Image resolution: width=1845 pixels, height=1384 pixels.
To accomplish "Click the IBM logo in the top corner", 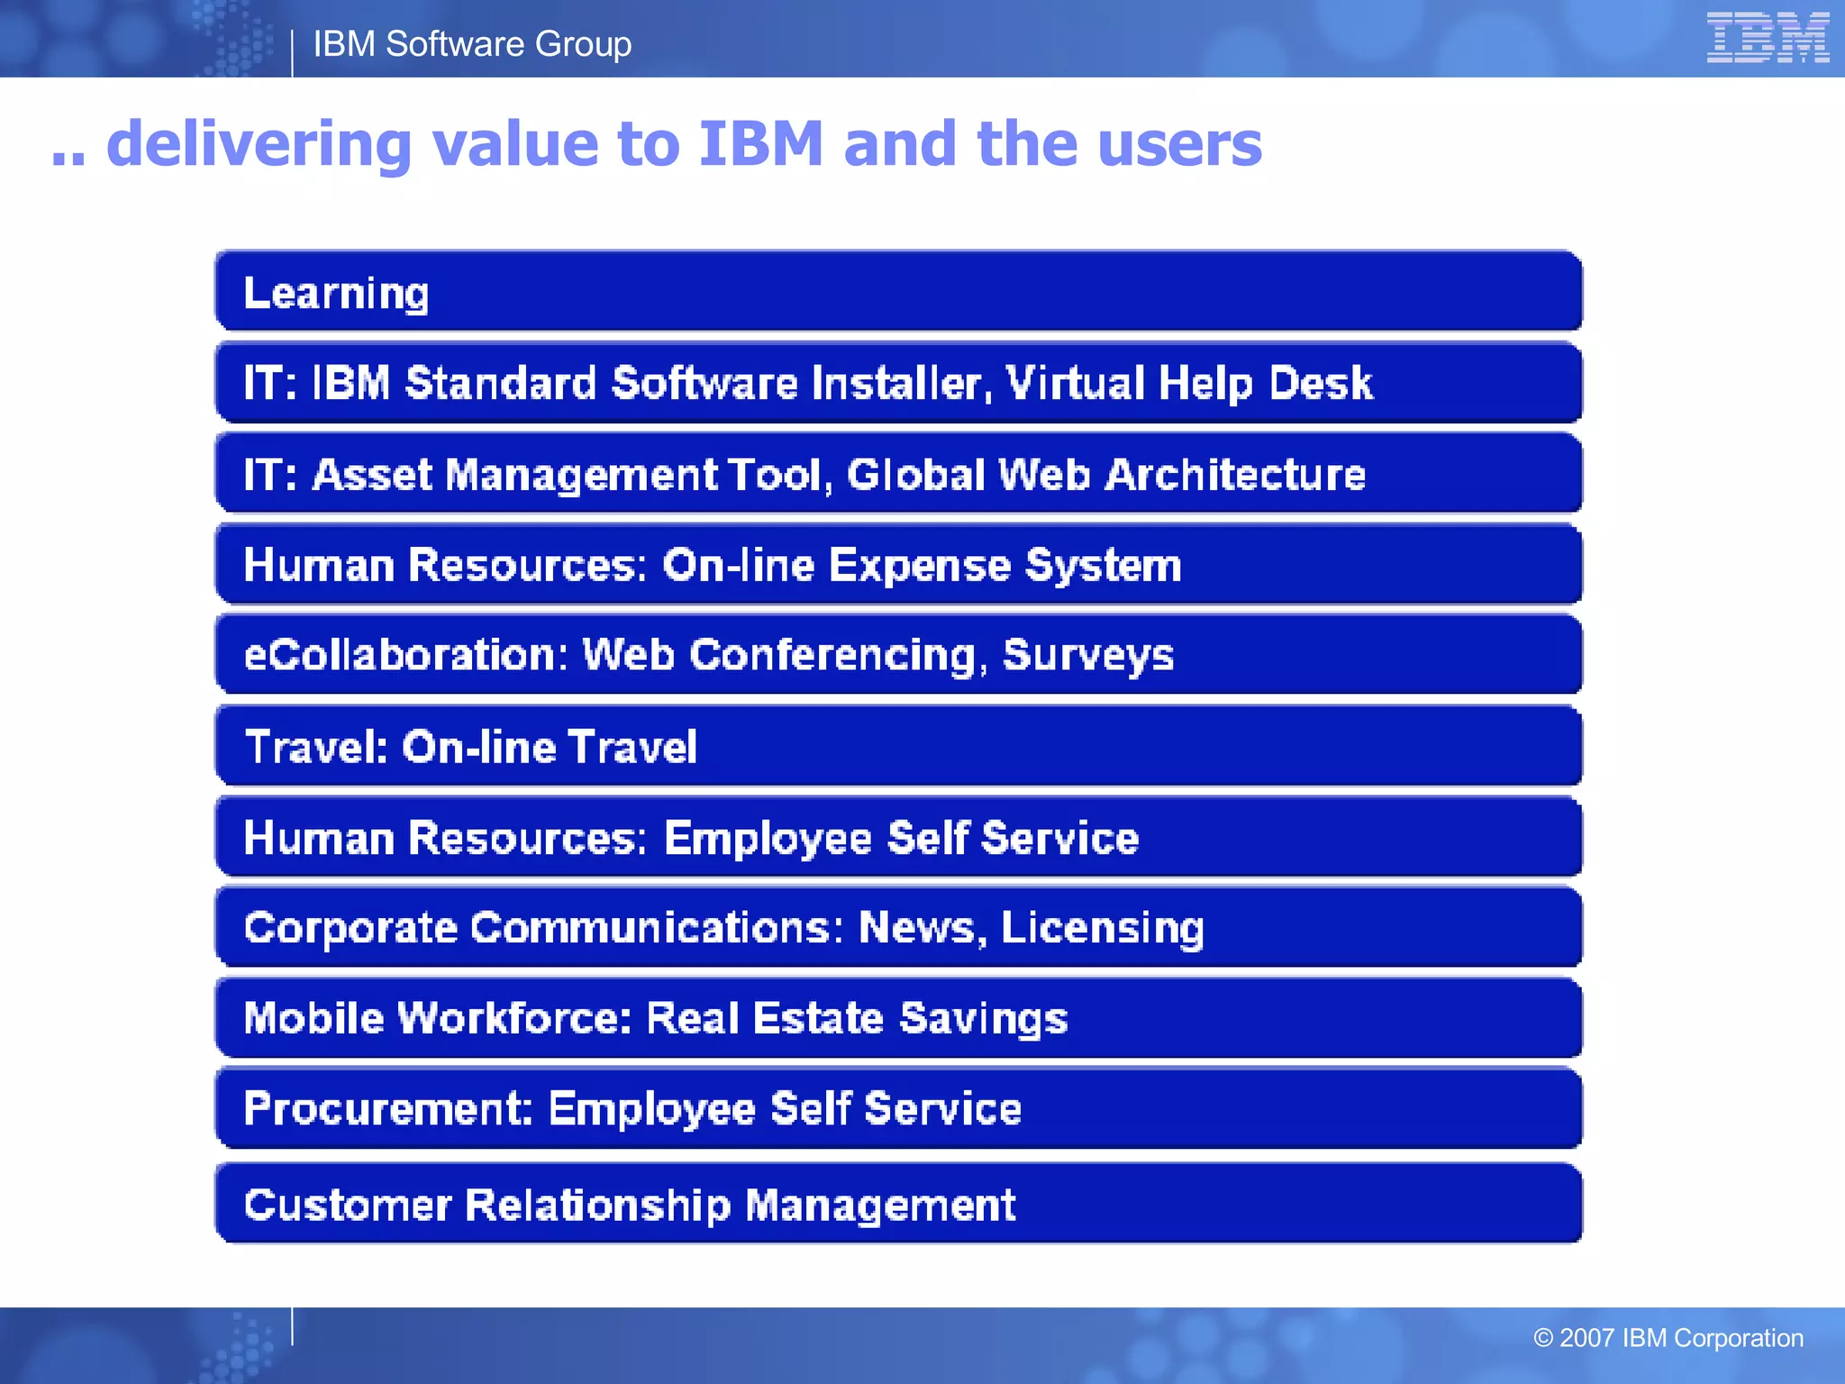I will coord(1767,38).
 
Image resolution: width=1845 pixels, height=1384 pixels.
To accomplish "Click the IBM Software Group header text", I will coord(472,44).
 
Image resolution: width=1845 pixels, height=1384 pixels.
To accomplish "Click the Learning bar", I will coord(897,293).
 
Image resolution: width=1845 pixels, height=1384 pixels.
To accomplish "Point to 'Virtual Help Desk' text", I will coord(1189,383).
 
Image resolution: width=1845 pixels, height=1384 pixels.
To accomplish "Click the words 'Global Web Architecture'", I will coord(1106,475).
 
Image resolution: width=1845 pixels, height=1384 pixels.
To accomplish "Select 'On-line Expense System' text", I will coord(922,566).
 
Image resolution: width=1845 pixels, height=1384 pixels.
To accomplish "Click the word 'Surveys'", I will coord(1088,655).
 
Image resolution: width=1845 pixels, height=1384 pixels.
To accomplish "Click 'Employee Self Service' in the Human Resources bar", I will coord(901,838).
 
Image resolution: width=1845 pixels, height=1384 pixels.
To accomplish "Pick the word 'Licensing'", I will coord(1103,928).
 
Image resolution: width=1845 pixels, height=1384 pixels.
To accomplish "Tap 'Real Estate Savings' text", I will coord(857,1018).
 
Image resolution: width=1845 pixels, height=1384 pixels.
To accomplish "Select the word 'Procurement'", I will coord(387,1108).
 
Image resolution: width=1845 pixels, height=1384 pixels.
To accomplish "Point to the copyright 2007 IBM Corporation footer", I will coord(1668,1338).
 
